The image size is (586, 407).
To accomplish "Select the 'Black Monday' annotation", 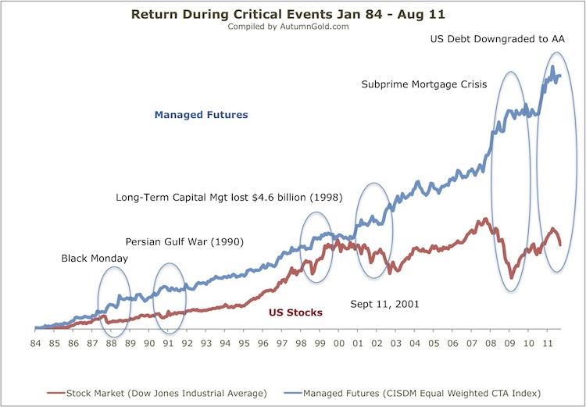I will pyautogui.click(x=94, y=259).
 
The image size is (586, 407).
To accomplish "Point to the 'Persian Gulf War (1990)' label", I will pyautogui.click(x=185, y=241).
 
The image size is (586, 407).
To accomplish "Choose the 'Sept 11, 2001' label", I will pyautogui.click(x=384, y=304).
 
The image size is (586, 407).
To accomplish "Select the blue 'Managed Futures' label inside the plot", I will pyautogui.click(x=201, y=115).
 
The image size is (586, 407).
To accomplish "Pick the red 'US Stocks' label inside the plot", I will pyautogui.click(x=295, y=312).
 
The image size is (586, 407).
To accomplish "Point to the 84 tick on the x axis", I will pyautogui.click(x=35, y=343).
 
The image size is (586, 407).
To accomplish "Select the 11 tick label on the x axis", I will pyautogui.click(x=548, y=343).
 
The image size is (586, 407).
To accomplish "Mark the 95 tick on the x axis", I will pyautogui.click(x=244, y=343).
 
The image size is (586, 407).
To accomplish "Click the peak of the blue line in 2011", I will pyautogui.click(x=552, y=68).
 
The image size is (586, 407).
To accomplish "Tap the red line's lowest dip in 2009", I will pyautogui.click(x=511, y=277).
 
